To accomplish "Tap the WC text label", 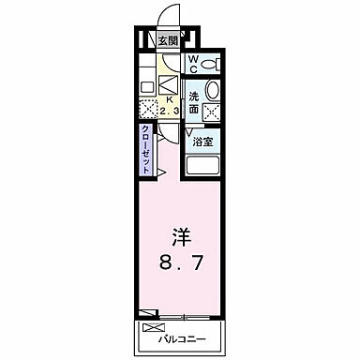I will [194, 64].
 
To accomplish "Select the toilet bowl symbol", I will [212, 65].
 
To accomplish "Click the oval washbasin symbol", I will [213, 91].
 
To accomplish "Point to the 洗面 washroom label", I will [193, 103].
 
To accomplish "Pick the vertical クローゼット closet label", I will [147, 148].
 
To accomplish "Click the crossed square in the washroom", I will [213, 112].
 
